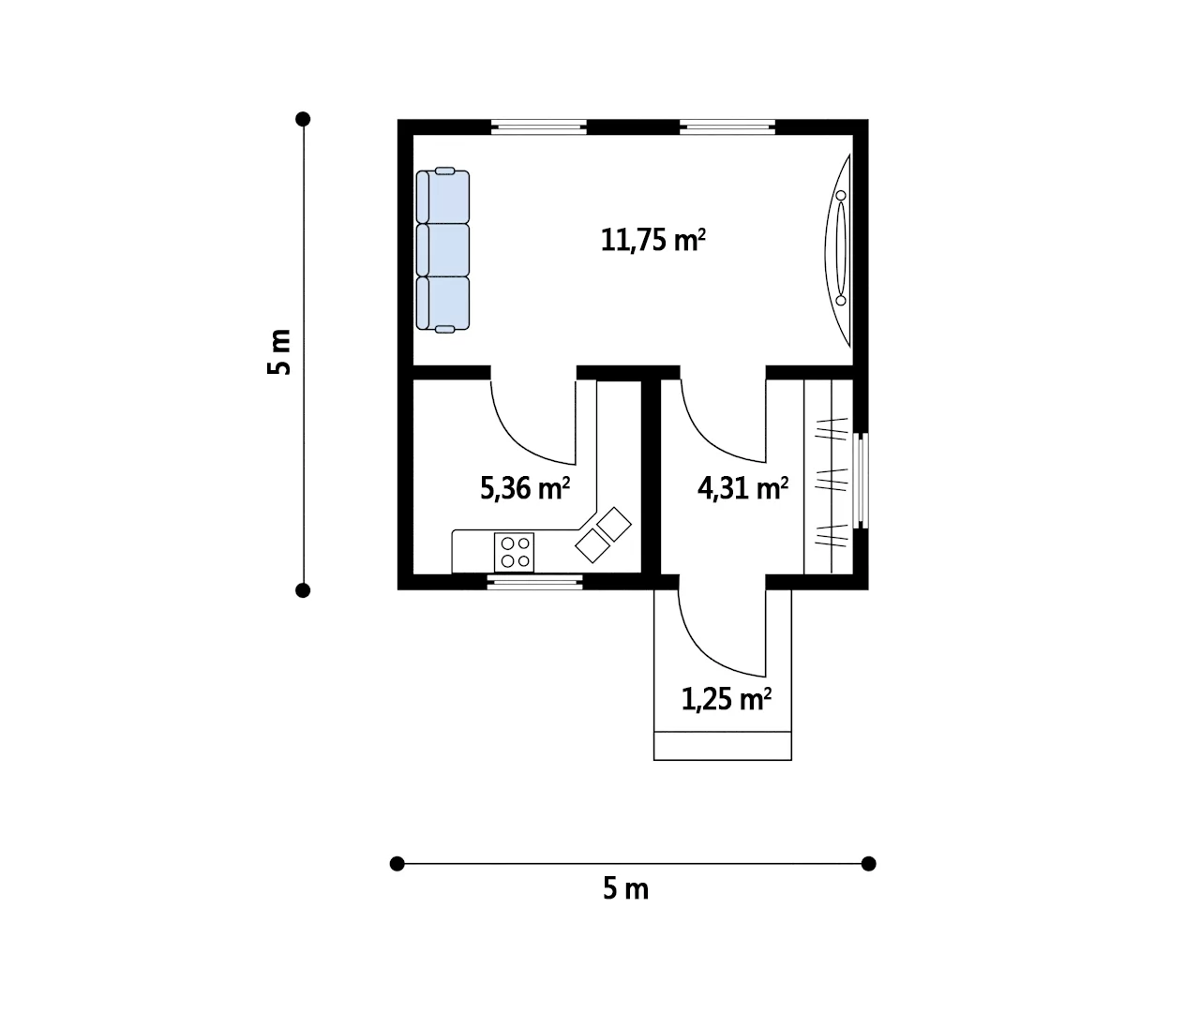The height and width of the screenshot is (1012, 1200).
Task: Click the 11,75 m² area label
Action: coord(652,240)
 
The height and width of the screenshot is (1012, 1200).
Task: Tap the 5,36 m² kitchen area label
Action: coord(525,489)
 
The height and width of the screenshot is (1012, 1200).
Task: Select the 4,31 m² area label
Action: coord(742,489)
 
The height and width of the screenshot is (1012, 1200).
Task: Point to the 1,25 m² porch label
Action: coord(727,700)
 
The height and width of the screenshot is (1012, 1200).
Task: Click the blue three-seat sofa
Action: coord(443,250)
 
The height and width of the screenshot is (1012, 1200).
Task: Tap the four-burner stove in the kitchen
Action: coord(515,553)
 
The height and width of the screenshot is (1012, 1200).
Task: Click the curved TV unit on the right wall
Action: coord(838,250)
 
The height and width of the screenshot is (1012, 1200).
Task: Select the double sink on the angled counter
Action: coord(604,535)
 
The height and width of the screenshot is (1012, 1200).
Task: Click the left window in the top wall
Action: coord(538,126)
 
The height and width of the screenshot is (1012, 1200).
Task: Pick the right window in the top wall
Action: coord(727,126)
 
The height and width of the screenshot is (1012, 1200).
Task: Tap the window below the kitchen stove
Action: coord(535,582)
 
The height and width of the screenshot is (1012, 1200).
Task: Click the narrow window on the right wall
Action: coord(861,480)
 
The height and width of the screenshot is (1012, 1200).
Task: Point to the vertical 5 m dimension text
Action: coord(279,352)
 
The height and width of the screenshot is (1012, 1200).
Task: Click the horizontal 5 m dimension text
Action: coord(626,889)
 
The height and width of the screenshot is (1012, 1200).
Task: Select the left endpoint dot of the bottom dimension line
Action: coord(397,864)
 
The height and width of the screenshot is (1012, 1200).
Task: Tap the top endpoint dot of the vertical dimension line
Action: coord(303,119)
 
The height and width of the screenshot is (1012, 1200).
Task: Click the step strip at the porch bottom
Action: coord(723,746)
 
